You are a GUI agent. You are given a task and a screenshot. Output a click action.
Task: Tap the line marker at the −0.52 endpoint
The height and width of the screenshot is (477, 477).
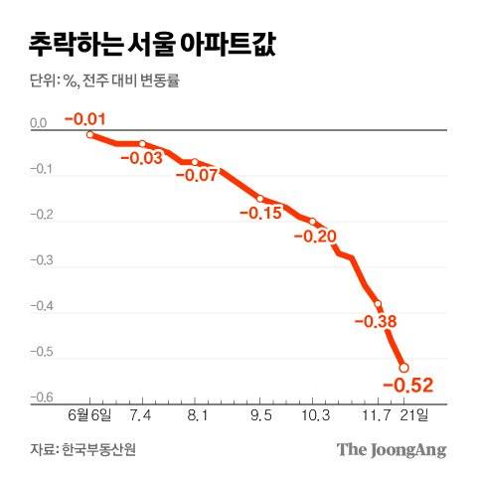click(403, 367)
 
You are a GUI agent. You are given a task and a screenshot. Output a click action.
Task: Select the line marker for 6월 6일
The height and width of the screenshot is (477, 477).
click(90, 134)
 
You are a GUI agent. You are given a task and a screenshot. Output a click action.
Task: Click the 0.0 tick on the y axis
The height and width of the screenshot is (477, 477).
click(39, 124)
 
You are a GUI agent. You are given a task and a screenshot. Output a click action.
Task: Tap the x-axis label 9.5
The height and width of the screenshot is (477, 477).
click(262, 414)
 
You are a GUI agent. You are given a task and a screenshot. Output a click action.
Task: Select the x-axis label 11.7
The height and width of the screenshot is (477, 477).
click(373, 414)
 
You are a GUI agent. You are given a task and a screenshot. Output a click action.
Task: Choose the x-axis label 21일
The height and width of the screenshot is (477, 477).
click(414, 414)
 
